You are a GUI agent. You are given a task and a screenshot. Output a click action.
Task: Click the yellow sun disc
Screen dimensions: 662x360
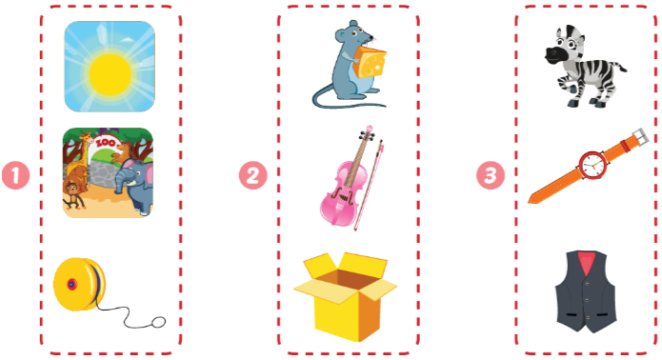(x=110, y=74)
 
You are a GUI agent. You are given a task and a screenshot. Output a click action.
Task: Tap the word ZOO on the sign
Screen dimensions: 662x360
(x=105, y=143)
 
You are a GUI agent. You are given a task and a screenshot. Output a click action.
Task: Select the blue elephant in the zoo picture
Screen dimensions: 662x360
(x=134, y=185)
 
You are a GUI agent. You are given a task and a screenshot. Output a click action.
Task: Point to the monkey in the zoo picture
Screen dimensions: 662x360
(x=72, y=195)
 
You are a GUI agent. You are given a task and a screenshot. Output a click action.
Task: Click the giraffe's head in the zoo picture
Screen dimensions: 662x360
(x=86, y=137)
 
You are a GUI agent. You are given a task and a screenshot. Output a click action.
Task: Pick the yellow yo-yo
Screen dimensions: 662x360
(x=79, y=284)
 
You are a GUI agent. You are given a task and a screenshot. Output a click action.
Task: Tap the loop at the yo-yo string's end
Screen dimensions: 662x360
(x=158, y=322)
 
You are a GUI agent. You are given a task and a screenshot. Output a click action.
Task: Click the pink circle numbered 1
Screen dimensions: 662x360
(x=16, y=175)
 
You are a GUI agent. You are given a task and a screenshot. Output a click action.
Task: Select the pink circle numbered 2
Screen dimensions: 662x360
(x=253, y=175)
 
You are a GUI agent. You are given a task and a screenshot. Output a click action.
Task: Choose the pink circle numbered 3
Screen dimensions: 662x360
(x=491, y=175)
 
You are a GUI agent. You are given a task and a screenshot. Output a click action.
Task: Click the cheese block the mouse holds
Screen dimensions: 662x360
(x=370, y=63)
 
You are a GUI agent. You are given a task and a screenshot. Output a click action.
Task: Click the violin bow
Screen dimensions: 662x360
(x=369, y=186)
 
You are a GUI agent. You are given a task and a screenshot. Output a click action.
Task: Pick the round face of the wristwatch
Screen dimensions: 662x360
(x=592, y=165)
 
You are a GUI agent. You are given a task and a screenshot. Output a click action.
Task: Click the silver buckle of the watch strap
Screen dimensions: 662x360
(x=641, y=137)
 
